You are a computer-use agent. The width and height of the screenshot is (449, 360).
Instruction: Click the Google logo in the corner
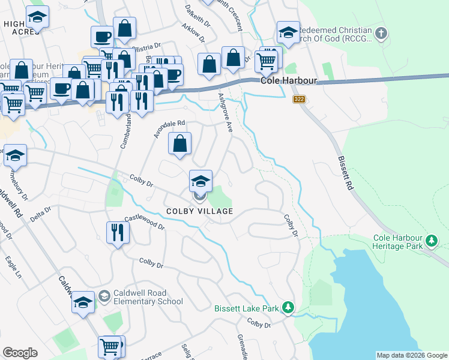click(20, 353)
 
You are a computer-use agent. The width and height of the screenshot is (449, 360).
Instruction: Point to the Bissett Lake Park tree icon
click(289, 308)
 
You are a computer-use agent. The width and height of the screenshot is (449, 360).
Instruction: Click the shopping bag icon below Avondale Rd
click(179, 144)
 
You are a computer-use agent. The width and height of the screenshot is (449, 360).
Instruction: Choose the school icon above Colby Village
click(200, 180)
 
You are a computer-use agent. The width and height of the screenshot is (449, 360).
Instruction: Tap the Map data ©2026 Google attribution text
click(412, 355)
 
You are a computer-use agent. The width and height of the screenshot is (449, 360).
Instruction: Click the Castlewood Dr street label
click(144, 223)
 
